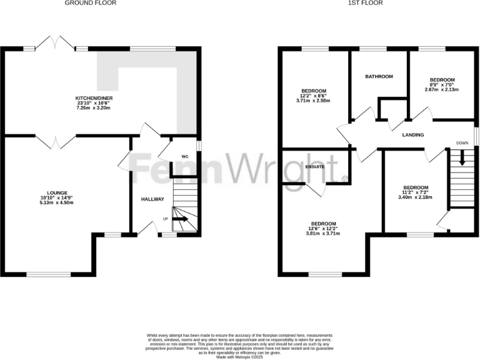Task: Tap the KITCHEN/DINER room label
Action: tap(94, 99)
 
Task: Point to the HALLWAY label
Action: tap(152, 199)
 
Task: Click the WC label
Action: tap(185, 156)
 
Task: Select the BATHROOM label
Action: tap(379, 76)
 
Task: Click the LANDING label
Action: tap(412, 135)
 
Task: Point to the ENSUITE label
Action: tap(315, 167)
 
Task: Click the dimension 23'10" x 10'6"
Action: tap(94, 104)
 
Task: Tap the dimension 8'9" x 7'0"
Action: tap(442, 84)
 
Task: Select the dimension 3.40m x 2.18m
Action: tap(416, 197)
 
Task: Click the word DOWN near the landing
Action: tap(462, 142)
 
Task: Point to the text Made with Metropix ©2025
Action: tap(239, 356)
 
